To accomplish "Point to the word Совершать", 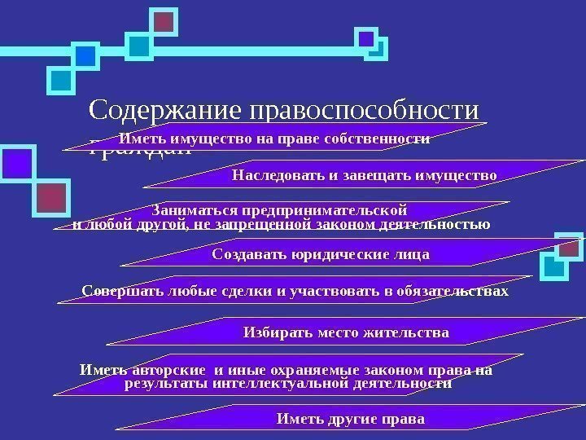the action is click(x=120, y=291).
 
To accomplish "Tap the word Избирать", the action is click(x=277, y=332).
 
